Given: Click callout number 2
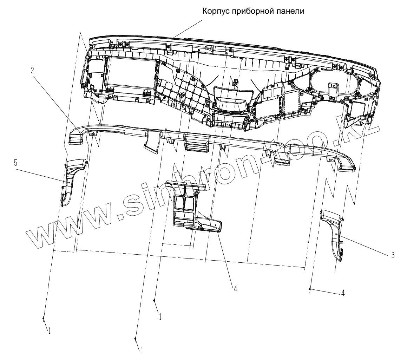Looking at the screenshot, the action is (32, 70).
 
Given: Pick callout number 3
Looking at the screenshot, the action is (393, 255).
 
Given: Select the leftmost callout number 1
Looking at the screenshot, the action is (50, 330).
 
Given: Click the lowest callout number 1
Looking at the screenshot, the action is (142, 350).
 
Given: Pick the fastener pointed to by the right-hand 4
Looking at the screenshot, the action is (310, 289).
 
